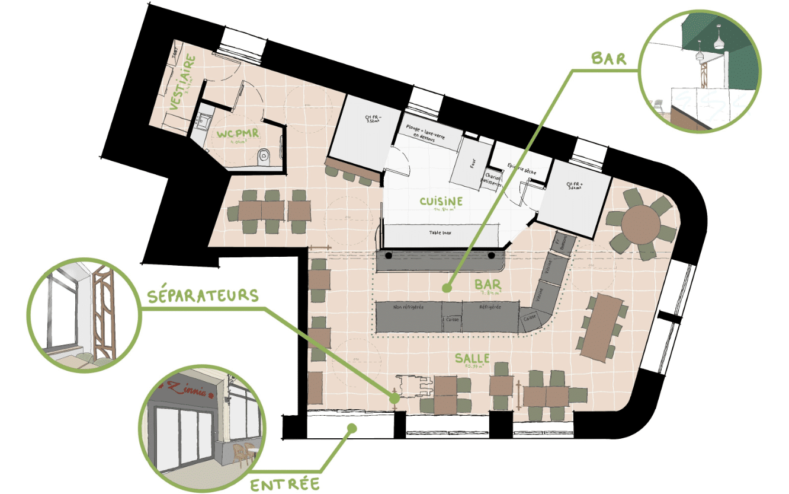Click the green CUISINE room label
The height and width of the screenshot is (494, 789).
(441, 202)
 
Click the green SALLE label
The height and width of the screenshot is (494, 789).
(472, 358)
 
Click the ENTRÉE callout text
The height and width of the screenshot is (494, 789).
(285, 484)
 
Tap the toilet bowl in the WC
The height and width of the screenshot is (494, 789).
(265, 157)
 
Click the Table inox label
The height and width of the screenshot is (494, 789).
(440, 233)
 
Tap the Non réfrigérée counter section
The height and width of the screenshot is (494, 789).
(409, 307)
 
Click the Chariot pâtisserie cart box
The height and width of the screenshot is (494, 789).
(493, 180)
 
